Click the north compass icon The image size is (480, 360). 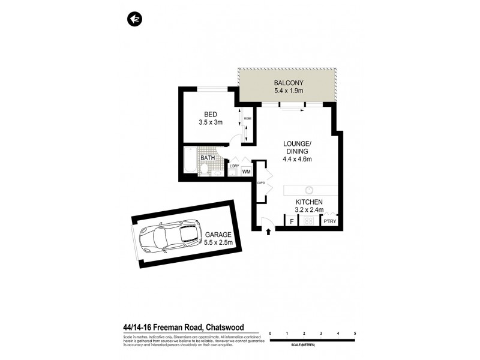[x=133, y=19]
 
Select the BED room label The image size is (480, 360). [x=210, y=115]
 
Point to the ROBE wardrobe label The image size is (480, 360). [x=247, y=119]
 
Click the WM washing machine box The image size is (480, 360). [x=246, y=172]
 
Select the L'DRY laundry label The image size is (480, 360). [x=234, y=165]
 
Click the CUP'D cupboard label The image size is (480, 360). [x=260, y=183]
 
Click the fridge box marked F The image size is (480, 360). [x=292, y=222]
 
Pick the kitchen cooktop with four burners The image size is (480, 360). [x=310, y=221]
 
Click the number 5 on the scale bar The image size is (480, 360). [x=355, y=333]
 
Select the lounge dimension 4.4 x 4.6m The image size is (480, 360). [x=298, y=159]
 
